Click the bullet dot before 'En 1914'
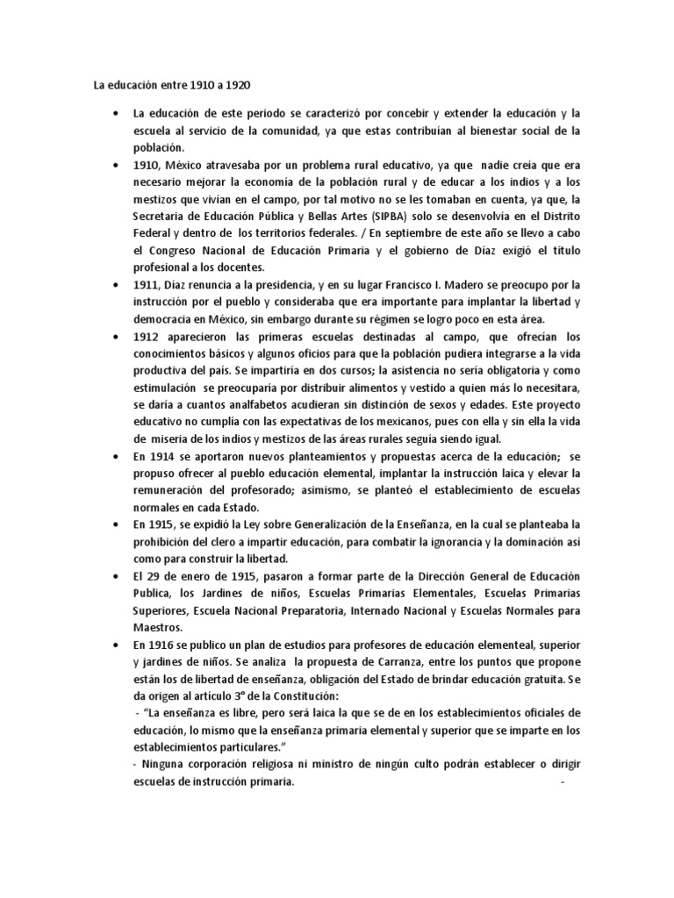point(118,458)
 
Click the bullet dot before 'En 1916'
point(118,645)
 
